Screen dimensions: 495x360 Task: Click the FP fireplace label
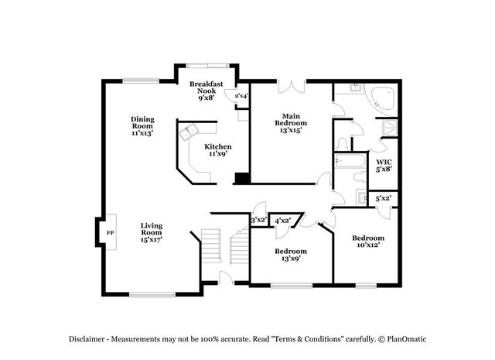pos(110,233)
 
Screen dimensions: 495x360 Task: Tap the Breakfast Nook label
pos(207,87)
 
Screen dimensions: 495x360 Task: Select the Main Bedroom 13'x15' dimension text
pos(291,130)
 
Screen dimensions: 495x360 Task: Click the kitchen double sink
pos(189,132)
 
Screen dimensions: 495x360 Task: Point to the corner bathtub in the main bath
pos(383,99)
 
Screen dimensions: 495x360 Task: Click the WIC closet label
pos(384,162)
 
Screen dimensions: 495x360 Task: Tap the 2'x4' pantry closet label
pos(241,95)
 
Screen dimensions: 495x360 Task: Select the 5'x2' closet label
pos(384,198)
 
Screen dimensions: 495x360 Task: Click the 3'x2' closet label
pos(259,220)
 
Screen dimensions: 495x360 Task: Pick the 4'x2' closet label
pos(282,221)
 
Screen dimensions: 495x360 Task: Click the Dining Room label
pos(142,122)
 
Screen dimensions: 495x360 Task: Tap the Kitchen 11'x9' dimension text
pos(218,154)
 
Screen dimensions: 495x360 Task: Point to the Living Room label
pos(152,229)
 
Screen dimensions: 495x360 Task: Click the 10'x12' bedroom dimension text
pos(368,245)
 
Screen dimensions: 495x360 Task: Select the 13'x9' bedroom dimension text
pos(291,259)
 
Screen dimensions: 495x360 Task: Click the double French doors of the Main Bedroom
pos(292,86)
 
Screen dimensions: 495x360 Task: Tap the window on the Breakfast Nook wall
pos(207,66)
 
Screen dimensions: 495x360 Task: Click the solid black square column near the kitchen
pos(242,178)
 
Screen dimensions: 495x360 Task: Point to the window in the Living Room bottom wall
pos(152,294)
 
